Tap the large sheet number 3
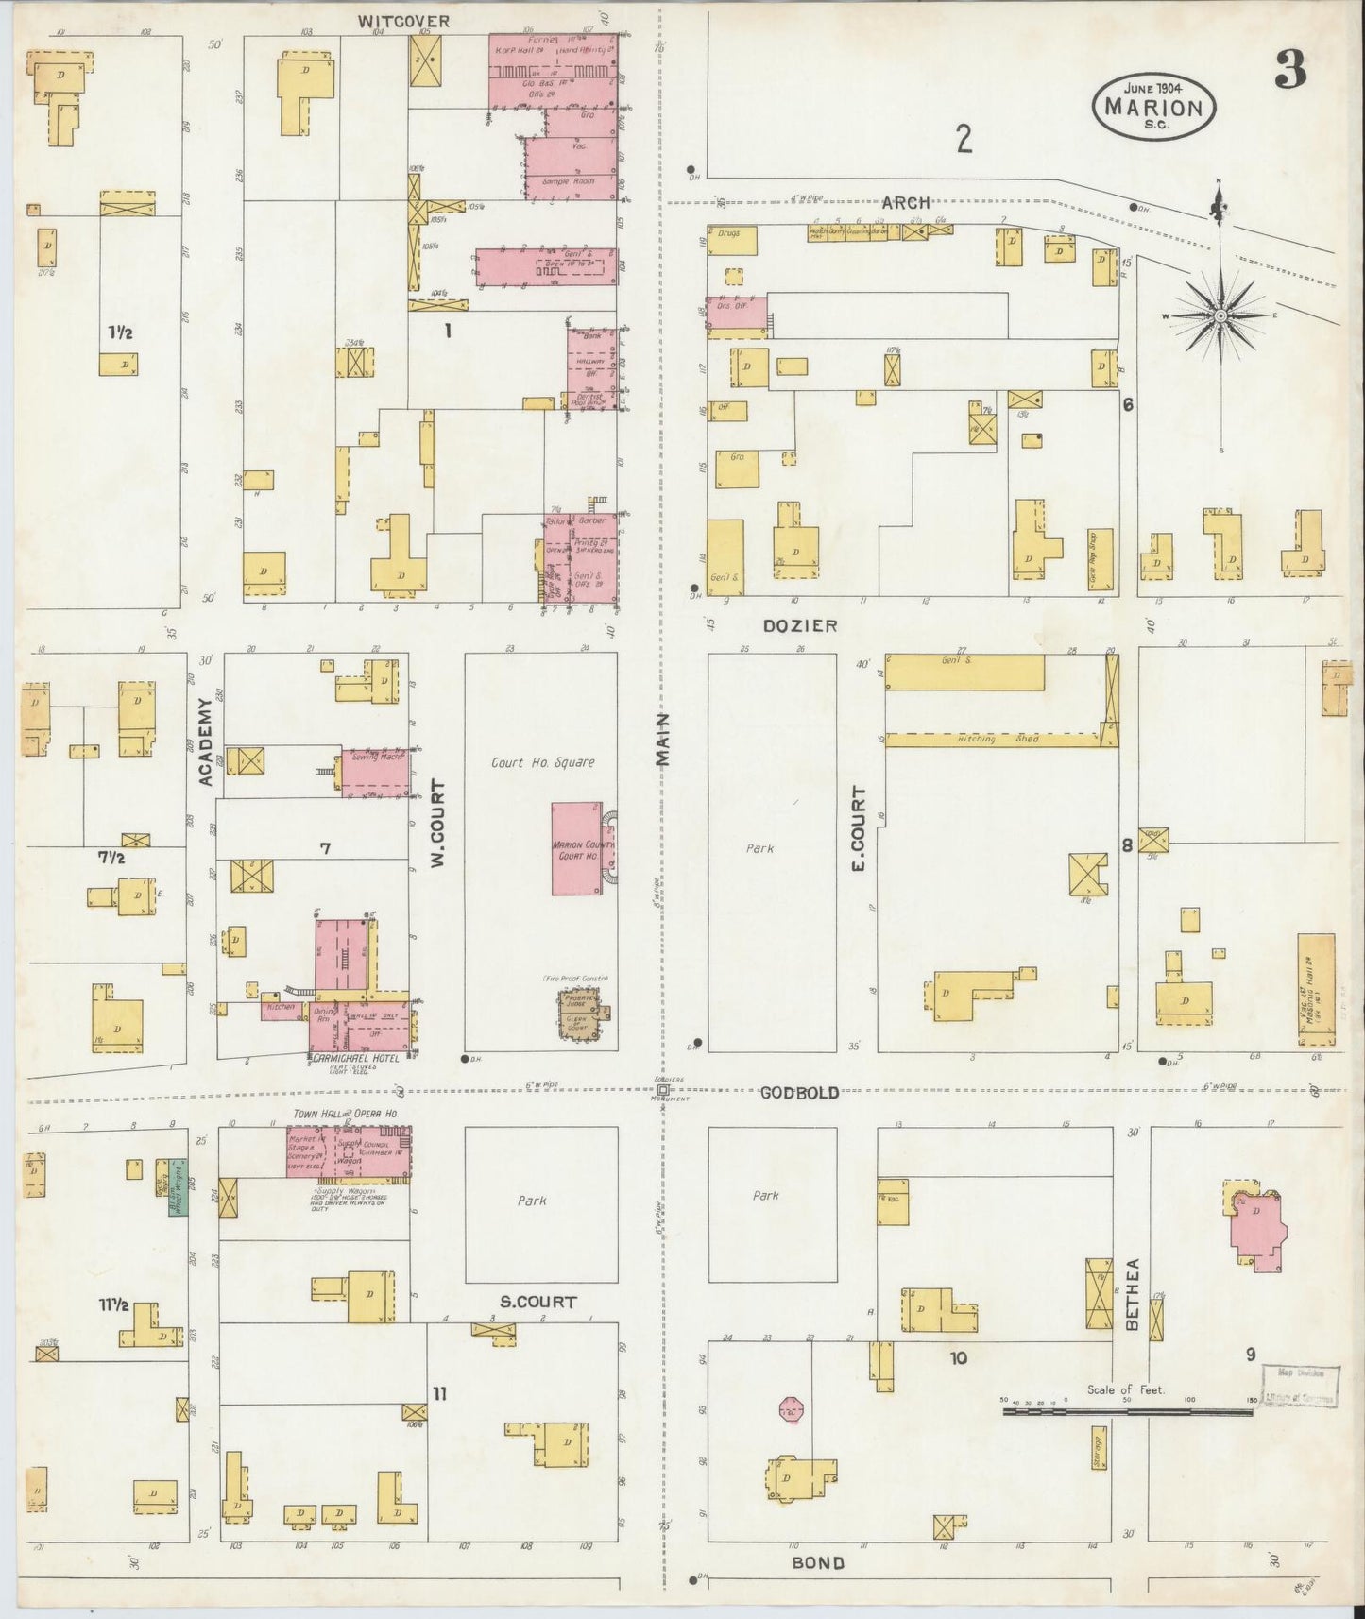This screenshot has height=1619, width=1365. [1290, 69]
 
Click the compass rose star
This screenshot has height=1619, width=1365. [1220, 315]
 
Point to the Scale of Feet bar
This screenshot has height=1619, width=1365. [1128, 1412]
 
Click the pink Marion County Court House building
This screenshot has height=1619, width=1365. [577, 848]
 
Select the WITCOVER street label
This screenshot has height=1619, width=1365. [403, 21]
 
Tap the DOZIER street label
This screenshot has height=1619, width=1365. [800, 625]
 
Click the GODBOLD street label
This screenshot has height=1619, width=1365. [800, 1092]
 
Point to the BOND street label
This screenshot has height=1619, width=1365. [817, 1562]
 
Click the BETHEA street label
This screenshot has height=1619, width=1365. [1132, 1307]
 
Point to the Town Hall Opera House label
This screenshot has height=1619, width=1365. [346, 1115]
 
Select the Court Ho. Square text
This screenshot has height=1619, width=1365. [542, 762]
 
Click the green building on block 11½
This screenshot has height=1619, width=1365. [178, 1197]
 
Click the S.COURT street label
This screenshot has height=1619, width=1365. [538, 1302]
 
